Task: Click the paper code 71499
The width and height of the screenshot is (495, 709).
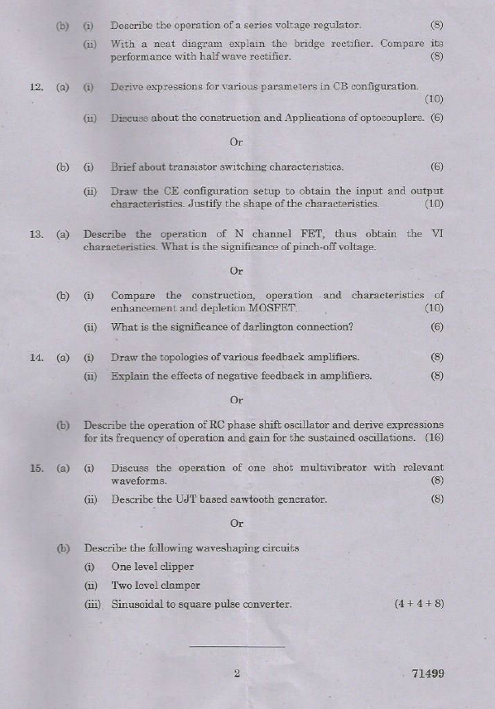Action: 427,673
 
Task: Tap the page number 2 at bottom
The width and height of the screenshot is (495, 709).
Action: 237,673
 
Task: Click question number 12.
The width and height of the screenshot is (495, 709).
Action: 36,86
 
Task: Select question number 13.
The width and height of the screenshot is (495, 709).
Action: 36,234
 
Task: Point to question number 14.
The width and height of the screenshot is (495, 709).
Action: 36,358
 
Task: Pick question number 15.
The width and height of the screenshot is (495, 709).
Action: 36,468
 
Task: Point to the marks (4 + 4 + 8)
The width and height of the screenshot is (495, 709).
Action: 419,604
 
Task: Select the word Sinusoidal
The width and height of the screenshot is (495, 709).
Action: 140,604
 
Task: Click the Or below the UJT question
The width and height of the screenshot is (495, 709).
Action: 237,523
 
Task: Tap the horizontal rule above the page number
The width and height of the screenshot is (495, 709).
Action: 237,646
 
